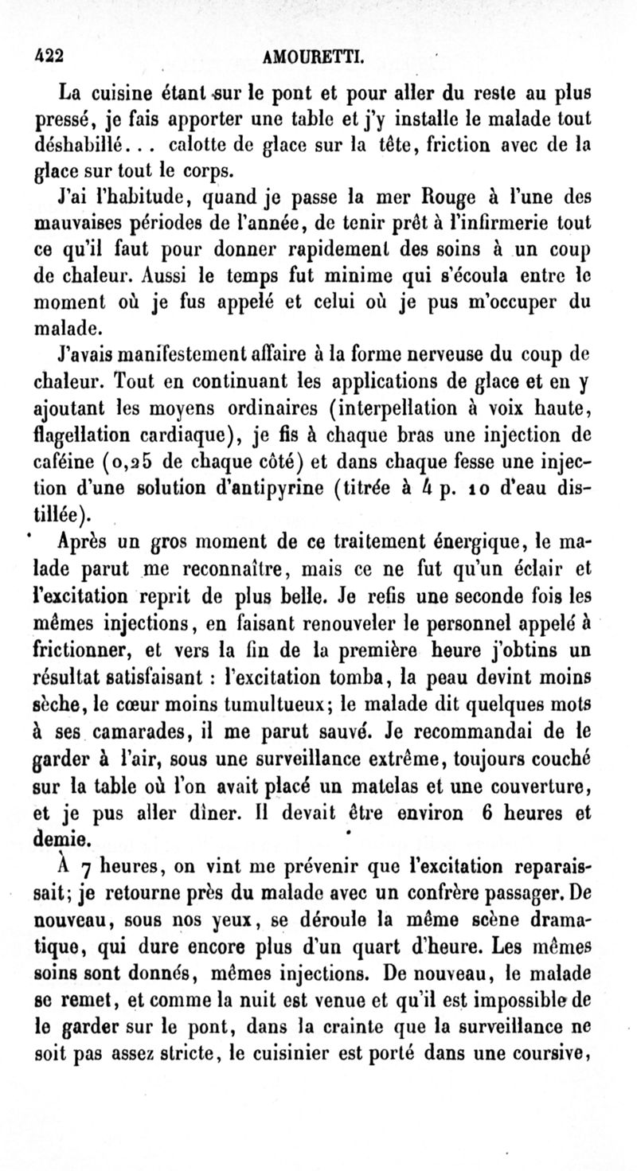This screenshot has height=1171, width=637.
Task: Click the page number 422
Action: (x=49, y=57)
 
